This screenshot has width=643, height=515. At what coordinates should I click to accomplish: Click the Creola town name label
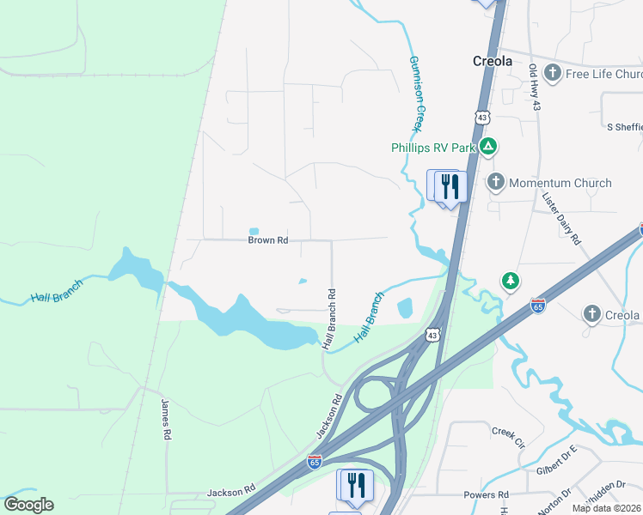(x=493, y=61)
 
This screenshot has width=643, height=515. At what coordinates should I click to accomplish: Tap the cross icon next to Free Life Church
(x=553, y=73)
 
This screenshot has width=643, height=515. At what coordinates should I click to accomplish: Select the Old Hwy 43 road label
(x=535, y=87)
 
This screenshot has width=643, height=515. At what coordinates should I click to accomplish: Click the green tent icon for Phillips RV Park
(x=487, y=147)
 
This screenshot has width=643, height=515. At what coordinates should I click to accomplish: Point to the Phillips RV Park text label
(x=429, y=148)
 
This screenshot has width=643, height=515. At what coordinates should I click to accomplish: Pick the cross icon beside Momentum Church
(x=496, y=182)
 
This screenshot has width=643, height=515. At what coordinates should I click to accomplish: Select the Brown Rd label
(x=267, y=240)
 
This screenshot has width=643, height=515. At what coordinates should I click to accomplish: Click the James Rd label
(x=164, y=419)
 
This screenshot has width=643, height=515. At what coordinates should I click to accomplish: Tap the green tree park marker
(x=511, y=281)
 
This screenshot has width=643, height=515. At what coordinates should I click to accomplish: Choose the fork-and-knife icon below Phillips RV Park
(x=450, y=186)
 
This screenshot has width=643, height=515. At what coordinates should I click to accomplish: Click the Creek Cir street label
(x=508, y=436)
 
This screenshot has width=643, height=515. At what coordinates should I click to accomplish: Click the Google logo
(x=28, y=505)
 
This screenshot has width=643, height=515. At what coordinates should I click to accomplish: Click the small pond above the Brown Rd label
(x=254, y=230)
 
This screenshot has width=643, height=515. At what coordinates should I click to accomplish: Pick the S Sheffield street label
(x=624, y=127)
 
